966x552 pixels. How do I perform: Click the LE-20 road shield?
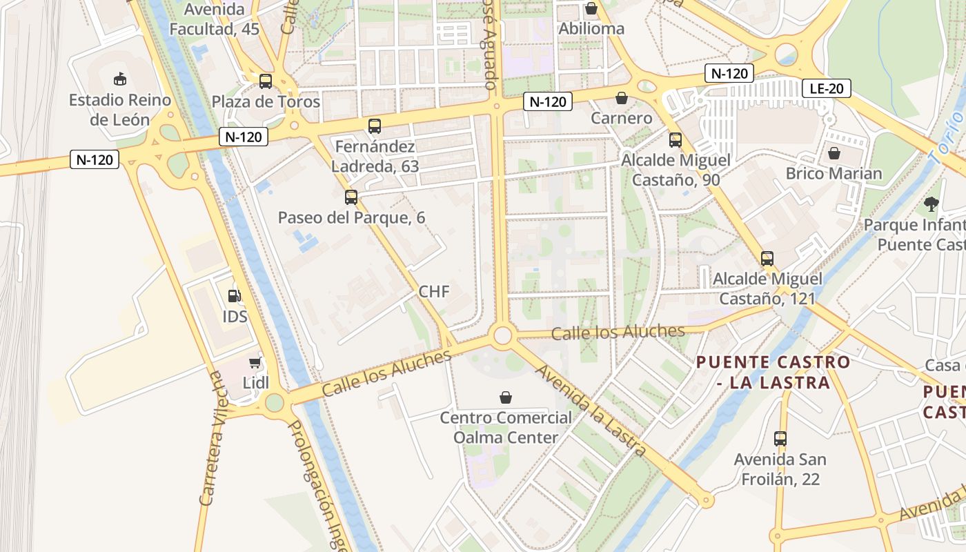[x=826, y=88]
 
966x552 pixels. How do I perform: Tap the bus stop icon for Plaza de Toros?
[x=266, y=81]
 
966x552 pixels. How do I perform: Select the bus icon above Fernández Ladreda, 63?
[x=375, y=126]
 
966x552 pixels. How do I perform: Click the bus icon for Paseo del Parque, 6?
[x=351, y=197]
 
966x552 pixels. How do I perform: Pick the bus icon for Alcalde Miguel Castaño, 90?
[x=676, y=140]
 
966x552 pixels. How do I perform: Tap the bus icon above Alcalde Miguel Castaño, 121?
[x=767, y=259]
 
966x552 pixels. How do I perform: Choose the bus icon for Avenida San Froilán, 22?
[x=780, y=439]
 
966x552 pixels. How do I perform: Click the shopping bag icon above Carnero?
[x=622, y=98]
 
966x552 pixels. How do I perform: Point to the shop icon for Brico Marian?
[x=834, y=153]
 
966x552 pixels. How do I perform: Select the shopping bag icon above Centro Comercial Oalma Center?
[x=506, y=397]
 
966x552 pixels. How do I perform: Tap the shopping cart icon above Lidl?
[x=255, y=362]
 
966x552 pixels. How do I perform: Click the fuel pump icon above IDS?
[x=235, y=296]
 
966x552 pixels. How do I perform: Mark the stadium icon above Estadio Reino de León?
[x=120, y=79]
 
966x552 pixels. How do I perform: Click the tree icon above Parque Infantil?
[x=931, y=204]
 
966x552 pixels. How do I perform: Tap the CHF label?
[x=434, y=292]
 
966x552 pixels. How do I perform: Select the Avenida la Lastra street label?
[x=591, y=411]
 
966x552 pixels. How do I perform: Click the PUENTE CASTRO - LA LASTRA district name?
[x=773, y=372]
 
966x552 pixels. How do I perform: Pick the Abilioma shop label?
[x=591, y=29]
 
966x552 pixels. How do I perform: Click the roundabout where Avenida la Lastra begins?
[x=503, y=335]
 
